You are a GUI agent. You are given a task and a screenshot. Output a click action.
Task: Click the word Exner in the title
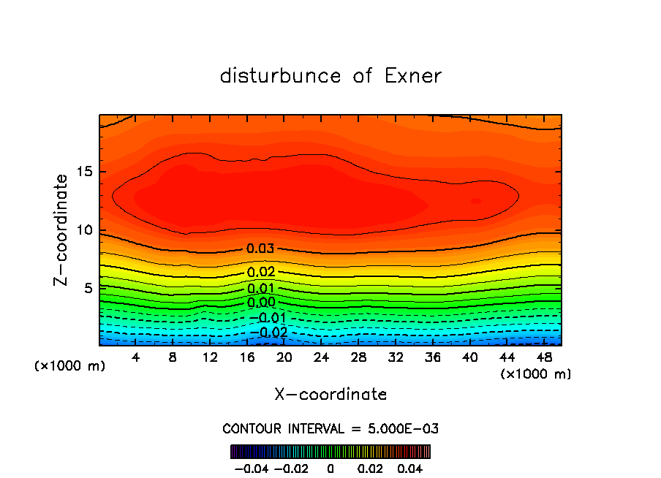coord(413,76)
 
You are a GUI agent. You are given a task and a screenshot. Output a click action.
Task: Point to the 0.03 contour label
coord(260,249)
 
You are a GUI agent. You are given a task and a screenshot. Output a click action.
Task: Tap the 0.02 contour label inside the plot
coord(260,273)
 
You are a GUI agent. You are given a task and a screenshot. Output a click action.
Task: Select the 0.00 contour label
coord(260,303)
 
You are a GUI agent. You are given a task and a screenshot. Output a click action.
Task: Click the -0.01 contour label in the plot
coord(271,318)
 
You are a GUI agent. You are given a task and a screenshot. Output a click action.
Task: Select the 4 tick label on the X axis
coord(136,357)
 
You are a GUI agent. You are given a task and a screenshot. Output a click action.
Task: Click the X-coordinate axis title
coord(330,395)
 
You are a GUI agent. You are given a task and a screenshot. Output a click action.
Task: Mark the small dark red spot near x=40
coord(476,200)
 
